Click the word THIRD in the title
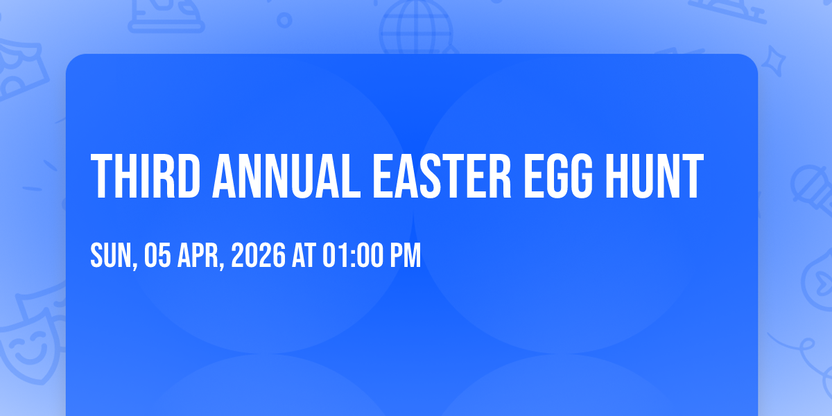pos(146,176)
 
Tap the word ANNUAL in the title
pos(286,176)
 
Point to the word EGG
pos(558,176)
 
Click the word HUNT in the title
pos(655,176)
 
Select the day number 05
pos(157,255)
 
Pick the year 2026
pos(259,255)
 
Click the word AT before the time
pos(304,255)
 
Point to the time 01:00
pos(352,255)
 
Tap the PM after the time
pos(405,255)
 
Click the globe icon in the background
pos(417,28)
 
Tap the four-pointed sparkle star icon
pos(773,61)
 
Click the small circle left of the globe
pos(284,20)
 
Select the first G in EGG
pos(558,176)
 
